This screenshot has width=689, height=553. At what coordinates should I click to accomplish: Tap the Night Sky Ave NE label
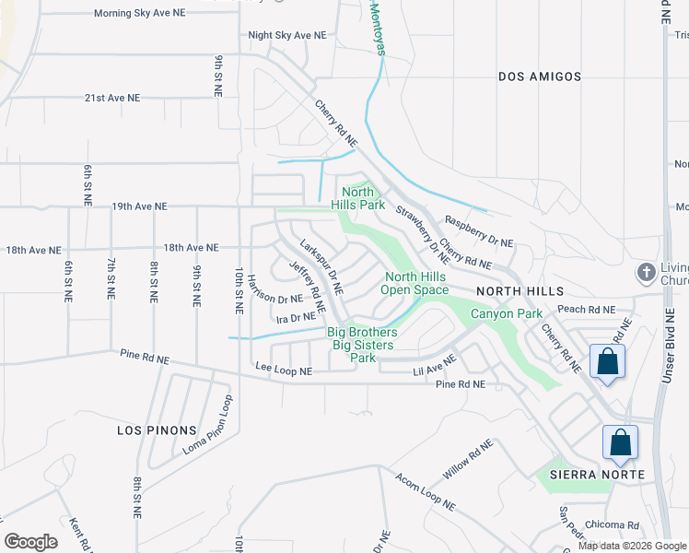coord(286,35)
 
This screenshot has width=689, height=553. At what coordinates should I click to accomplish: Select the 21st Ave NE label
coord(112,98)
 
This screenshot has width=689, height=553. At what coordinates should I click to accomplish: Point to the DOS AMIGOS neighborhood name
coord(540,76)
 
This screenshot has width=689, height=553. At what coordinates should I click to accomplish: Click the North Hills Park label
coord(357,198)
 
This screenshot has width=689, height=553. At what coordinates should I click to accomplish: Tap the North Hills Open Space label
coord(415,283)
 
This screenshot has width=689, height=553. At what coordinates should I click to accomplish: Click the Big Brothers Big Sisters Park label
coord(363,344)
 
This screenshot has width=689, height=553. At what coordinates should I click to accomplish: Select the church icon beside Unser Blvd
coord(646,274)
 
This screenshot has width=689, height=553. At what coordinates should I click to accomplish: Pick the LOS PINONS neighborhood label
coord(157,430)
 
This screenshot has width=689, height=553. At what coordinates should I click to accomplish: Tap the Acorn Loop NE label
coord(425,492)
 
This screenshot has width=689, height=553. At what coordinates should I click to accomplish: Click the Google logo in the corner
coord(31,542)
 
